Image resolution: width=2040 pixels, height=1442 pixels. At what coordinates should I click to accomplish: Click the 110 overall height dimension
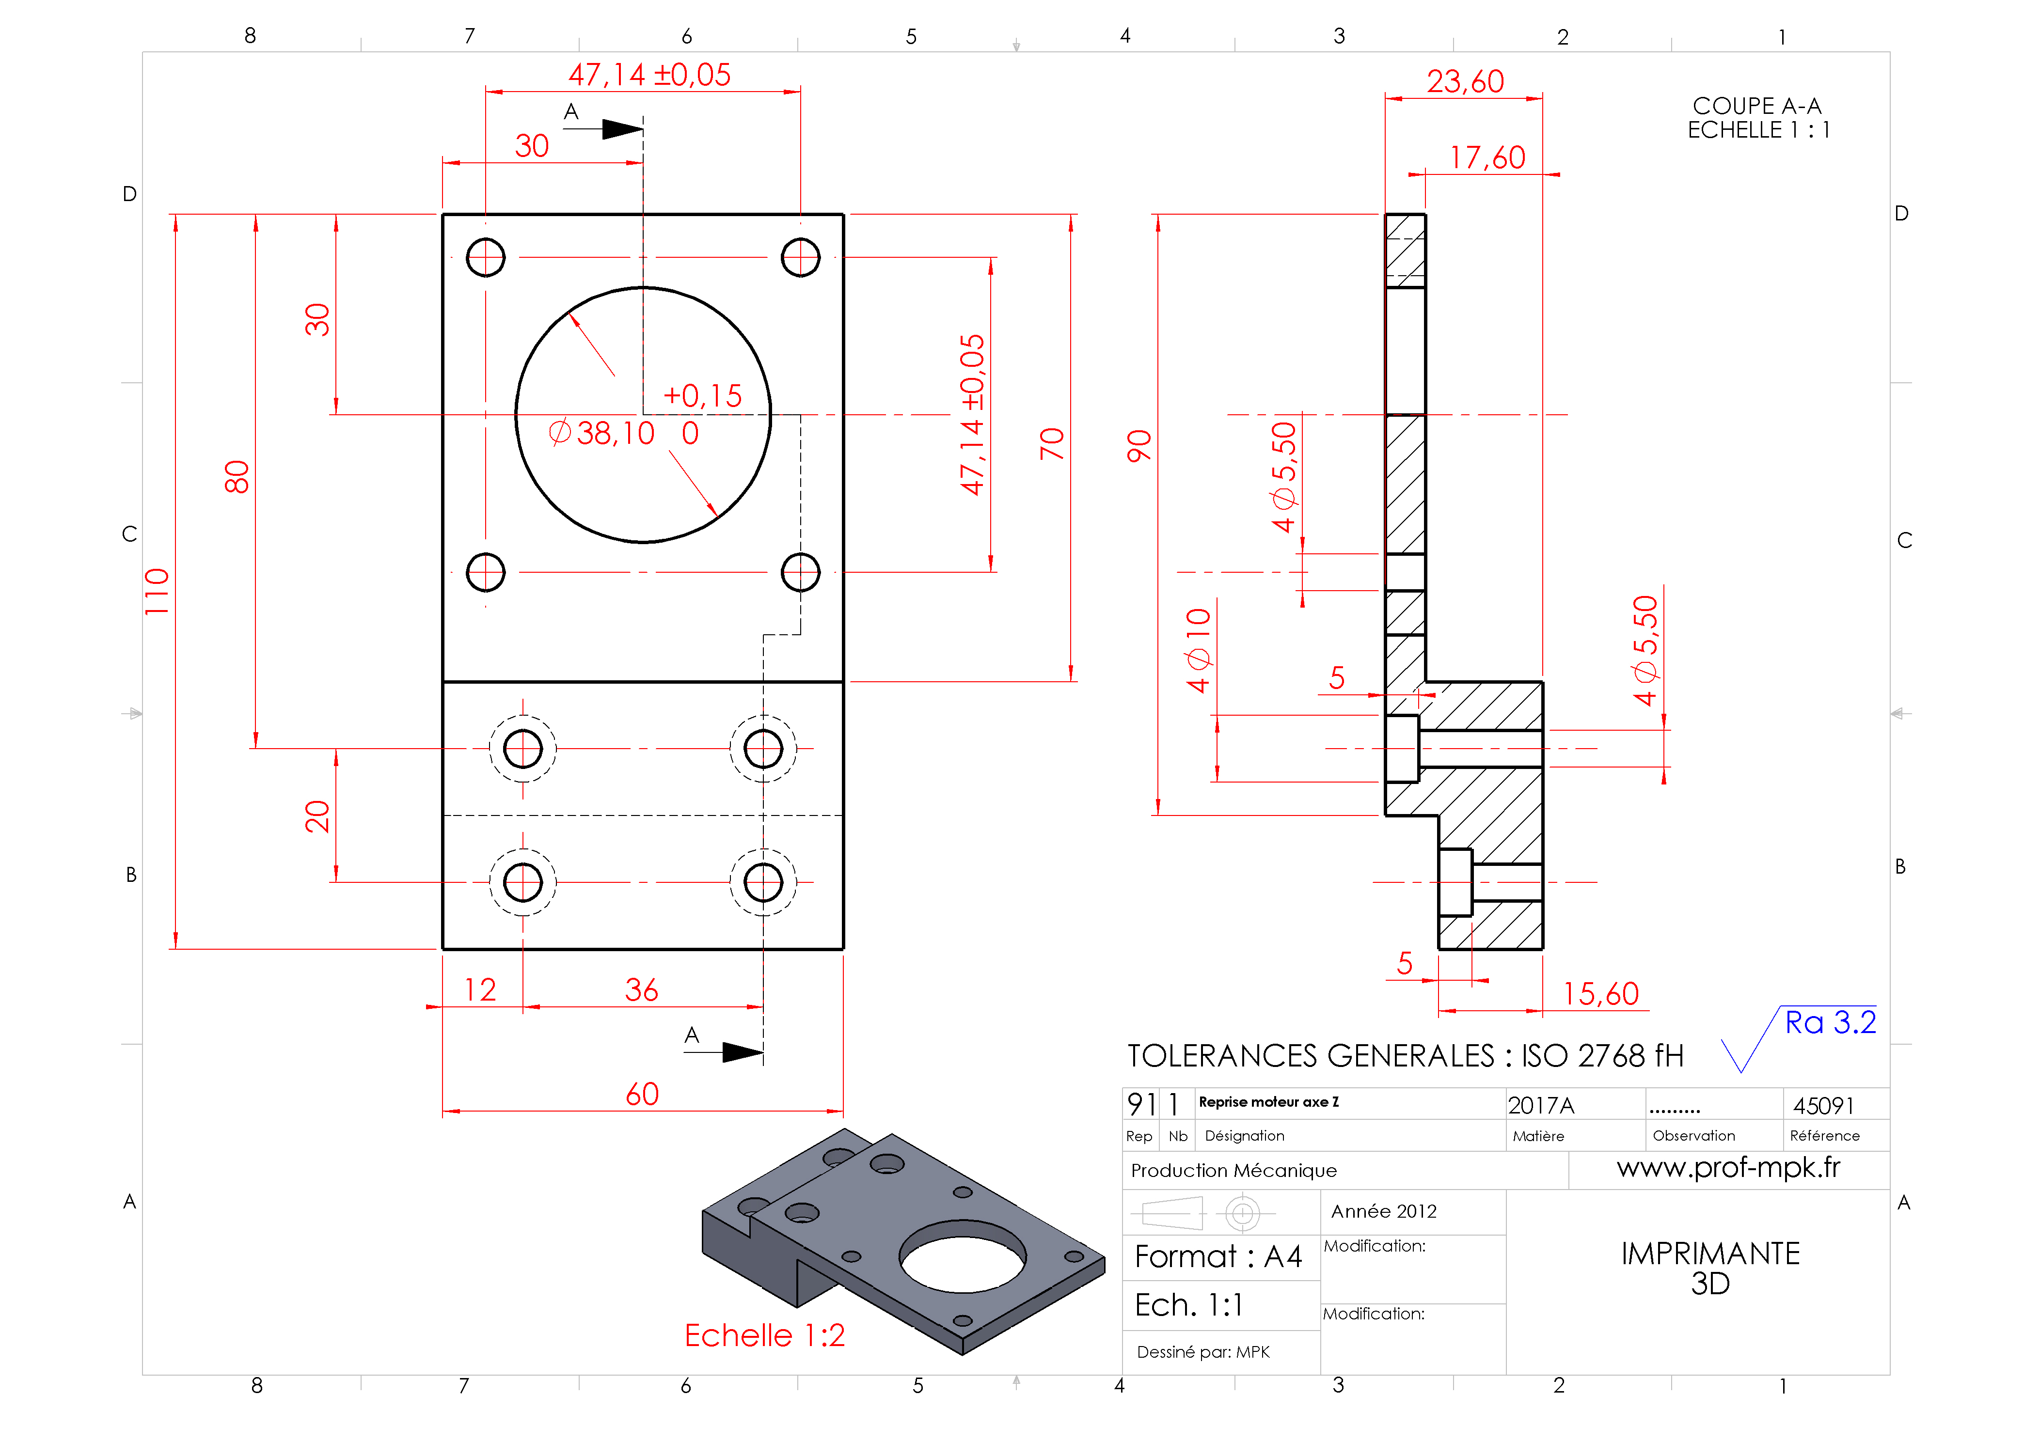click(157, 592)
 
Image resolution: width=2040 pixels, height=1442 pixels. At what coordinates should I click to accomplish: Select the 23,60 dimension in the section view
click(1465, 82)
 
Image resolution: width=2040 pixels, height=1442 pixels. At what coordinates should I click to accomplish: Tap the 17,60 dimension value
click(1487, 158)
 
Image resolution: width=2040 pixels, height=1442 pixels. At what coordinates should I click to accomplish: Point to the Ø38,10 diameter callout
click(602, 434)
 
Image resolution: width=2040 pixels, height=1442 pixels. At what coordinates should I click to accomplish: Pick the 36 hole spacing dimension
click(642, 990)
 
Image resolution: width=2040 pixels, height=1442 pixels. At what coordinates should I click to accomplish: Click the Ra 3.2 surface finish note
click(1830, 1023)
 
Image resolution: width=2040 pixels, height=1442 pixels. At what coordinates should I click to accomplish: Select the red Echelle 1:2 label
click(764, 1335)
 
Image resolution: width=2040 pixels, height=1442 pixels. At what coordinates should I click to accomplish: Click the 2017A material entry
click(1541, 1105)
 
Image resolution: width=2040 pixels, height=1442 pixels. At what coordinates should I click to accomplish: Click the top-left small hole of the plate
click(485, 258)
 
